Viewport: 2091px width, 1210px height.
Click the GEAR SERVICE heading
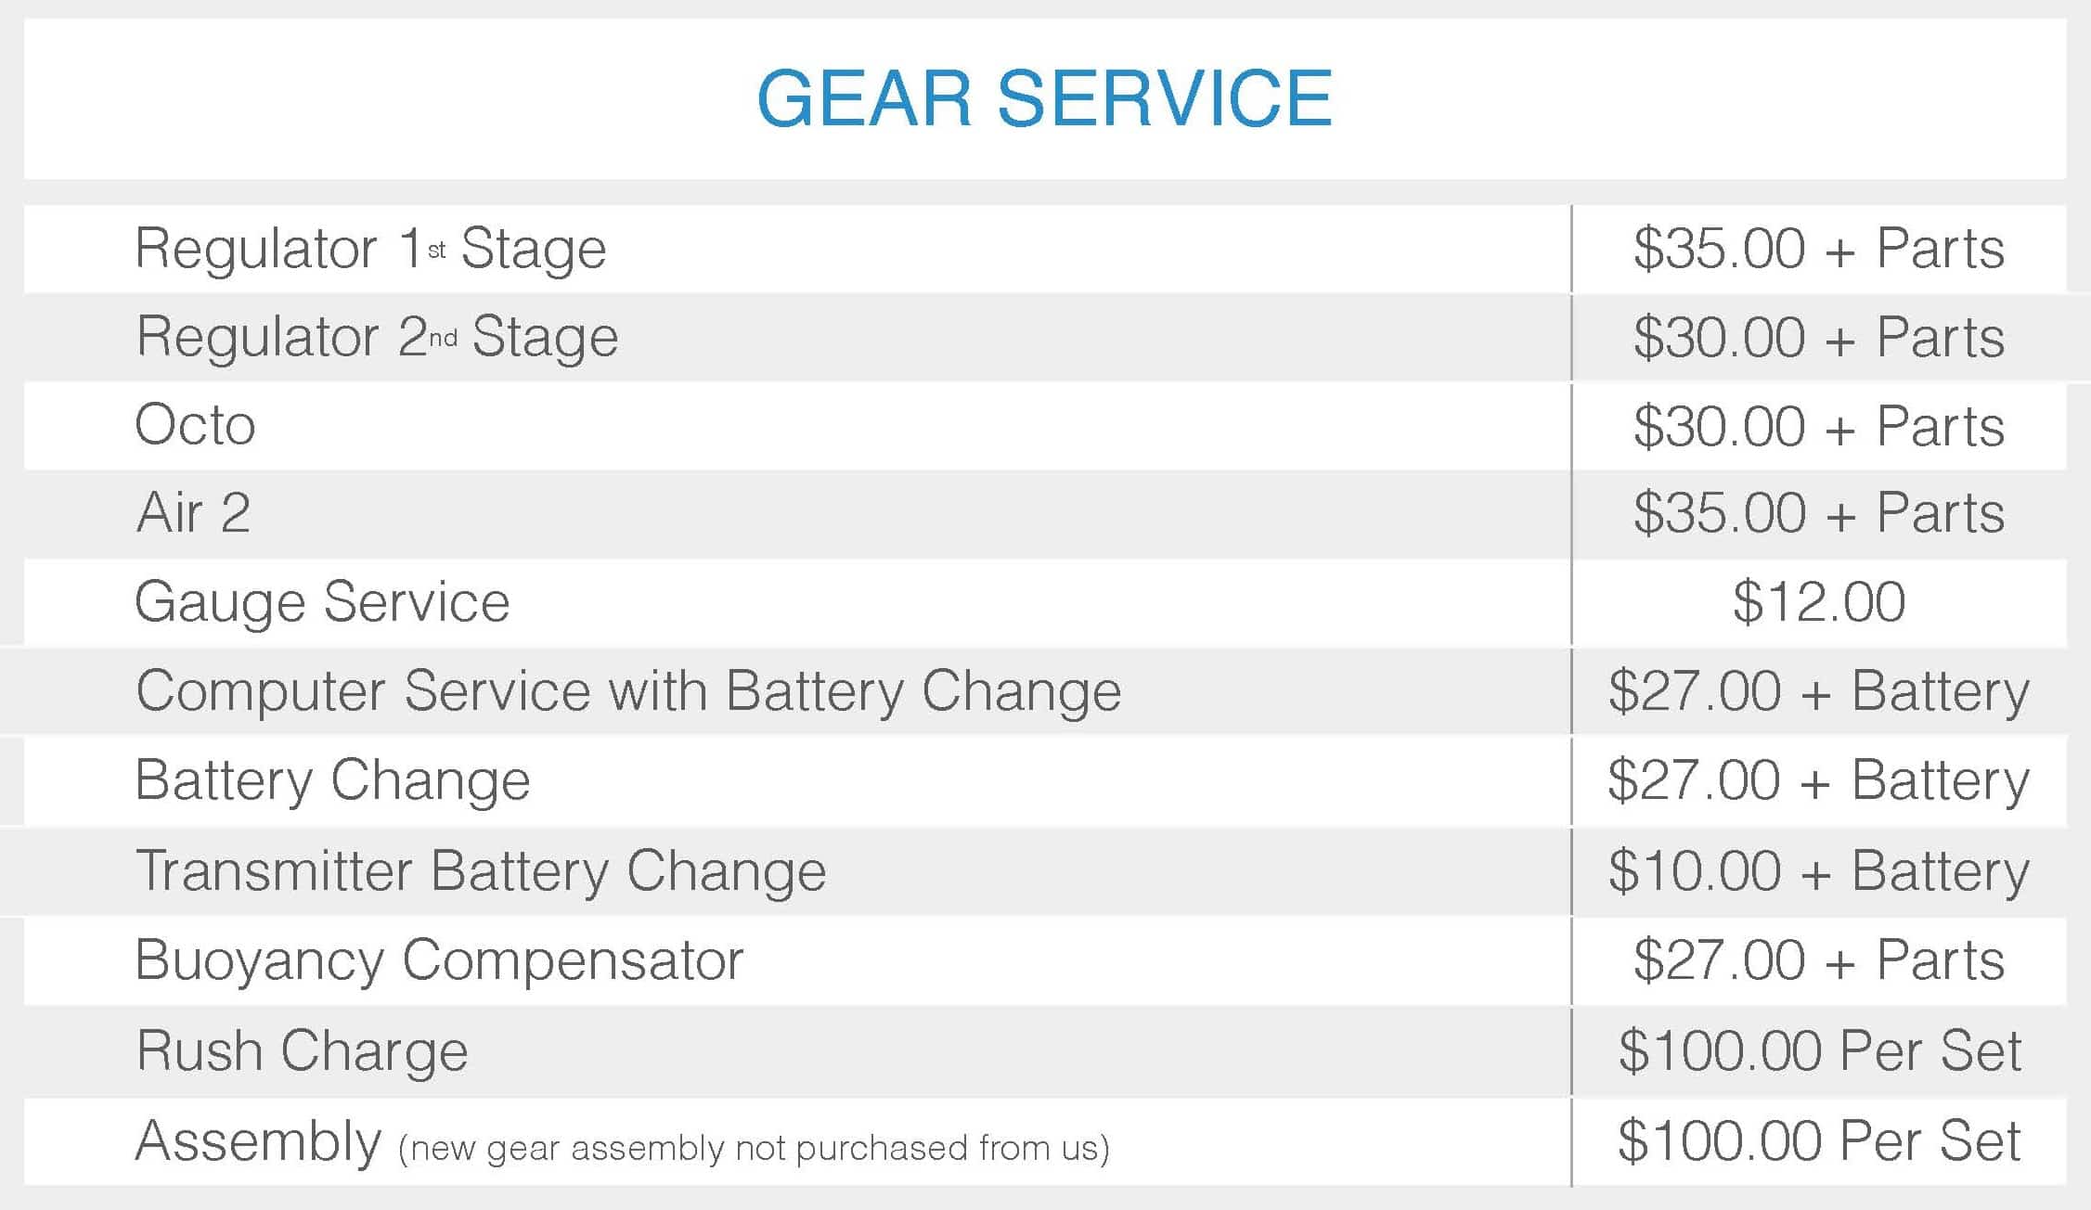click(x=1045, y=98)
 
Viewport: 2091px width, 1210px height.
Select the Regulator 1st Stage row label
click(x=371, y=249)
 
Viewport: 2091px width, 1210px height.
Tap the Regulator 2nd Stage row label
click(x=377, y=336)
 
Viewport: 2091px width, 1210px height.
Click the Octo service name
click(x=195, y=425)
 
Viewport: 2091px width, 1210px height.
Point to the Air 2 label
click(x=193, y=512)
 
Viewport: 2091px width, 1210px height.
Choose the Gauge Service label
click(x=322, y=602)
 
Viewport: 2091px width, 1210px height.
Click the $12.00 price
click(x=1819, y=602)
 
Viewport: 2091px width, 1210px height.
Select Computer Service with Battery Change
click(x=628, y=691)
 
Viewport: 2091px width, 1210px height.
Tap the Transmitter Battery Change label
click(x=481, y=871)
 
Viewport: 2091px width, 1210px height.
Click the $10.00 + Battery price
click(x=1819, y=871)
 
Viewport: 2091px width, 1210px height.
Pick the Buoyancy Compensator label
click(x=439, y=960)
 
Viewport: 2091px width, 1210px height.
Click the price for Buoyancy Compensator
click(x=1819, y=959)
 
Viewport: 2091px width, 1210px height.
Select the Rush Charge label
click(x=302, y=1051)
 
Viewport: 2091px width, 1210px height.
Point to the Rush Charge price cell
click(x=1819, y=1050)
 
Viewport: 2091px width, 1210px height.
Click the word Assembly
click(x=258, y=1141)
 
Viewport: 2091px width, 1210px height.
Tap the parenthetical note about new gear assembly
click(x=754, y=1149)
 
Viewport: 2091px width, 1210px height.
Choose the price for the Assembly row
click(x=1819, y=1140)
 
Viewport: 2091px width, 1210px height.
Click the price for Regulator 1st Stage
click(x=1819, y=249)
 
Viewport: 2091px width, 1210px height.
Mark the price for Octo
click(x=1819, y=426)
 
